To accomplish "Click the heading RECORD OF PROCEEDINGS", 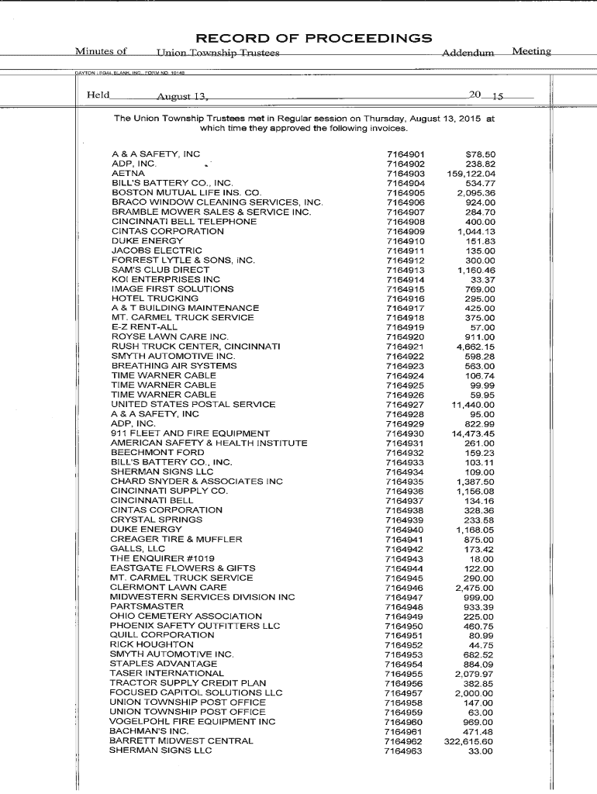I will [313, 38].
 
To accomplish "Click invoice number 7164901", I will [405, 154].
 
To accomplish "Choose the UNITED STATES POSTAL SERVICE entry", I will [193, 404].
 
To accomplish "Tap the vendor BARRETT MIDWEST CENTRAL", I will [181, 740].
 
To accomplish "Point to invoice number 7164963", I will [404, 751].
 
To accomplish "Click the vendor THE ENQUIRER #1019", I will [162, 558].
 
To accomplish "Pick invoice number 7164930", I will [405, 433].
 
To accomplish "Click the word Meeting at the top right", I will [531, 52].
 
